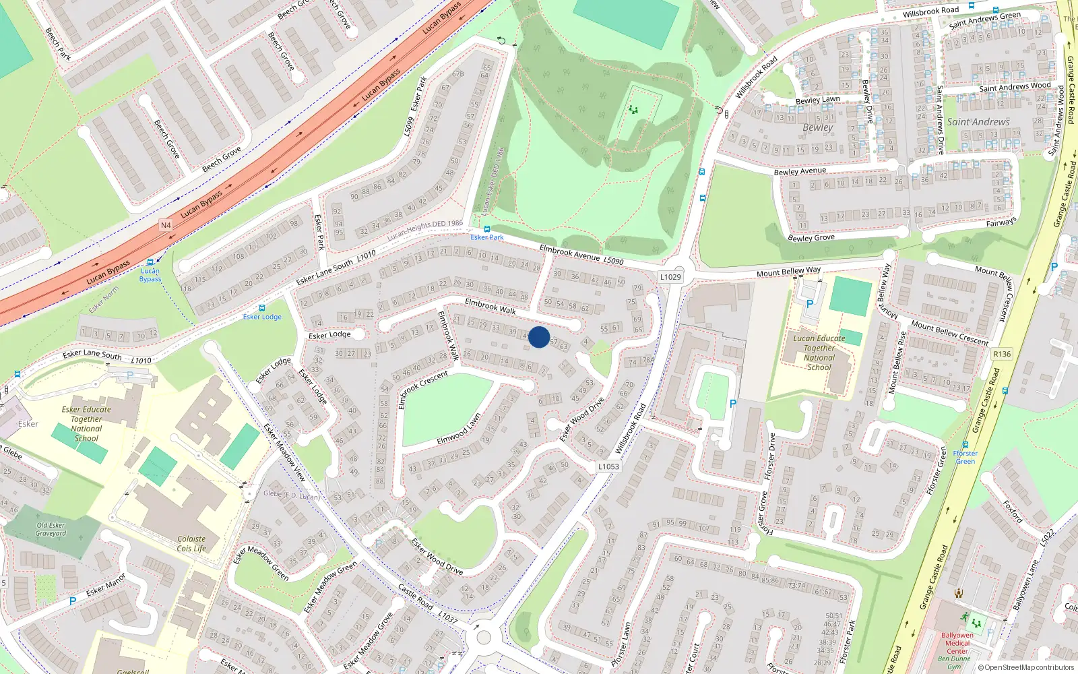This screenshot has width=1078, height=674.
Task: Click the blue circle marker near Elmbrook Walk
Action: tap(539, 337)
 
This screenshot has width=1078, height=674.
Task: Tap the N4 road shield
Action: tap(166, 225)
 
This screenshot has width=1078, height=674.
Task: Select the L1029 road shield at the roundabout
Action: tap(670, 277)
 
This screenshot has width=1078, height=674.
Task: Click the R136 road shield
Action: tap(1002, 354)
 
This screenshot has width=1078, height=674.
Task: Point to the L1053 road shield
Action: tap(608, 466)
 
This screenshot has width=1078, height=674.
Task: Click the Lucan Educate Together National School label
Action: tap(819, 353)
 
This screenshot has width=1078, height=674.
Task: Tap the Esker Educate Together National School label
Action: tap(86, 423)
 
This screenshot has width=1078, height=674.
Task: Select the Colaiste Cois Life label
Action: tap(191, 543)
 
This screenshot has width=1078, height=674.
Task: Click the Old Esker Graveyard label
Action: tap(51, 529)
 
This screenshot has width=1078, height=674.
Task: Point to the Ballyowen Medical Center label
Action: tap(957, 643)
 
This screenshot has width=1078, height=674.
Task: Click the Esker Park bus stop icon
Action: tap(487, 229)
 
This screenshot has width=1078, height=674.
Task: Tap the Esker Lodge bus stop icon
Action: tap(261, 308)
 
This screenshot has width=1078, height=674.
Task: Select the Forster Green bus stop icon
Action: tap(965, 446)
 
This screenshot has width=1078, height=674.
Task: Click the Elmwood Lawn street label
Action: tap(459, 429)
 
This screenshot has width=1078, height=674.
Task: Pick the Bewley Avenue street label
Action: tap(800, 171)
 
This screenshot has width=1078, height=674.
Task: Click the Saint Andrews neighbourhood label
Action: tap(978, 122)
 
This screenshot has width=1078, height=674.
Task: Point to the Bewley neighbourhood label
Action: tap(818, 127)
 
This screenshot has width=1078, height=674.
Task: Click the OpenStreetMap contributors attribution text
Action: tap(1025, 667)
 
